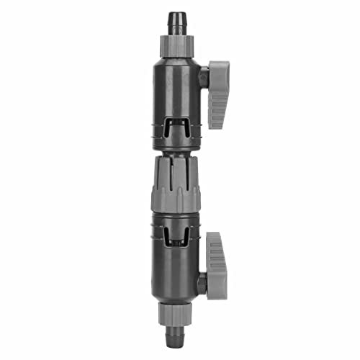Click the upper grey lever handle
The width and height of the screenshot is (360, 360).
click(217, 94)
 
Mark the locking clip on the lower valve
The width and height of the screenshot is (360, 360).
click(177, 234)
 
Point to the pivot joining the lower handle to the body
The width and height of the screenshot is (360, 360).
click(202, 283)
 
